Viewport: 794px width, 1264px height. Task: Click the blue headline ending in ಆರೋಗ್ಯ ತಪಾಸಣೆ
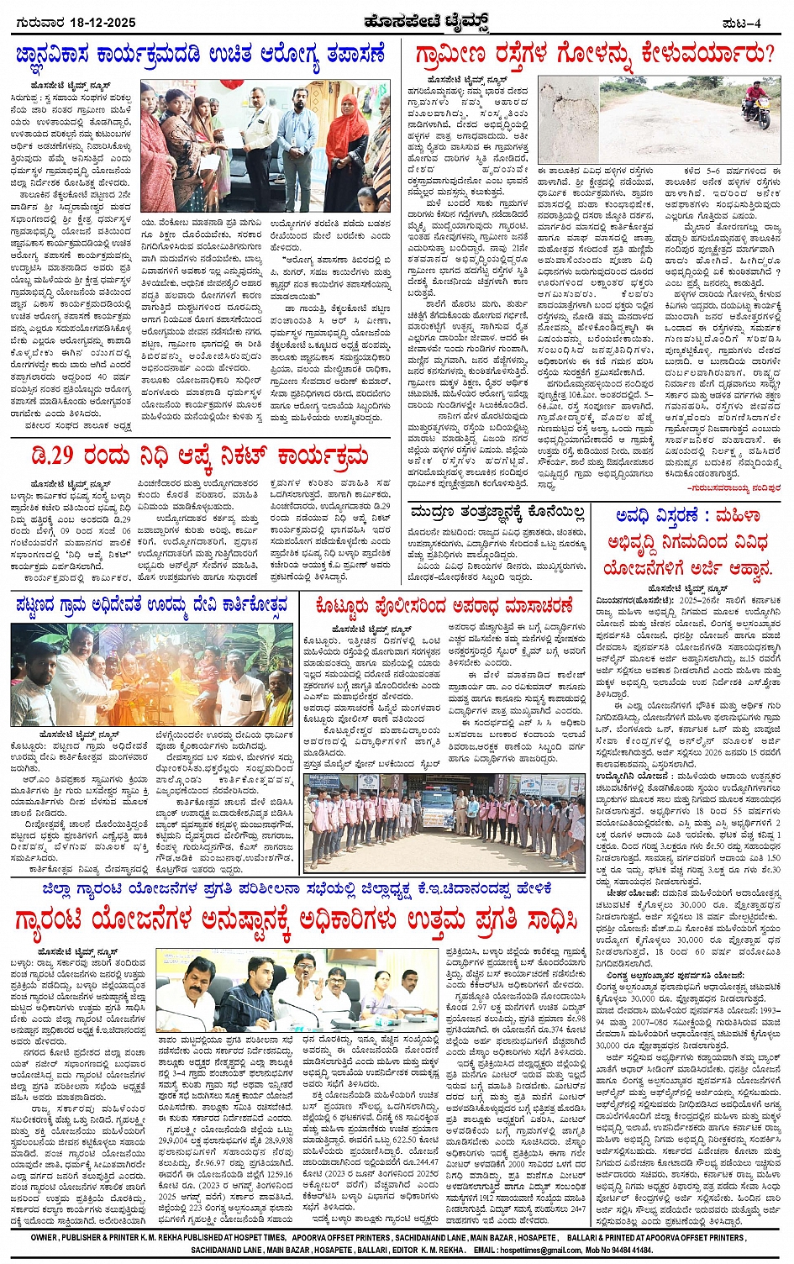tap(199, 56)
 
